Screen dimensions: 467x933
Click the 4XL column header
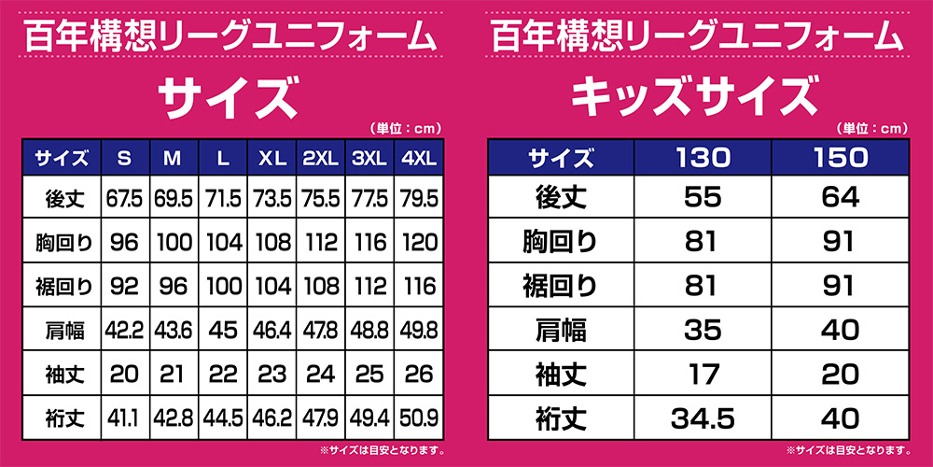coord(419,158)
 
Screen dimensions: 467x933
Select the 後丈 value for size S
coord(124,199)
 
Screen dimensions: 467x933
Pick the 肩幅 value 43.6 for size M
coord(174,330)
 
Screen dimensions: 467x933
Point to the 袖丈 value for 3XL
coord(370,374)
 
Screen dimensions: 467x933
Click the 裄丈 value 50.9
coord(419,417)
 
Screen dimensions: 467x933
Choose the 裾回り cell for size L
coord(223,287)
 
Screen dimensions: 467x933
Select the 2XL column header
coord(321,158)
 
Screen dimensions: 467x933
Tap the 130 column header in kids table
coord(703,158)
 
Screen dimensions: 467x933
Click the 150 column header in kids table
coord(840,158)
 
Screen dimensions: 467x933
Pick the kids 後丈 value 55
coord(703,199)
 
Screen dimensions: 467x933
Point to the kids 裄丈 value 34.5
coord(703,417)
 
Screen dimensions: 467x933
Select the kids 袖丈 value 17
coord(703,374)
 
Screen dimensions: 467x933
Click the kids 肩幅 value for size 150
coord(840,330)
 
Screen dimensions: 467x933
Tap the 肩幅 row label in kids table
coord(561,330)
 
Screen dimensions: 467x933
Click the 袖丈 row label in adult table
coord(65,374)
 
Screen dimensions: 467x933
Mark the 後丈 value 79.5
coord(419,199)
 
